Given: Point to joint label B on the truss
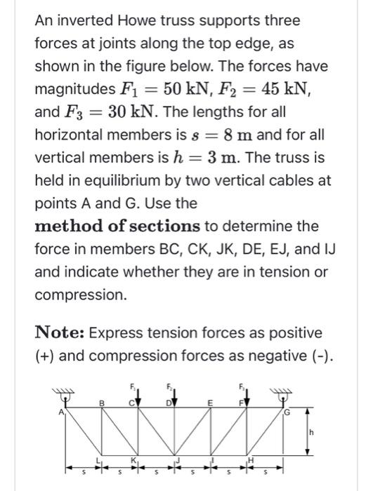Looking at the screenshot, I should coord(102,402).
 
